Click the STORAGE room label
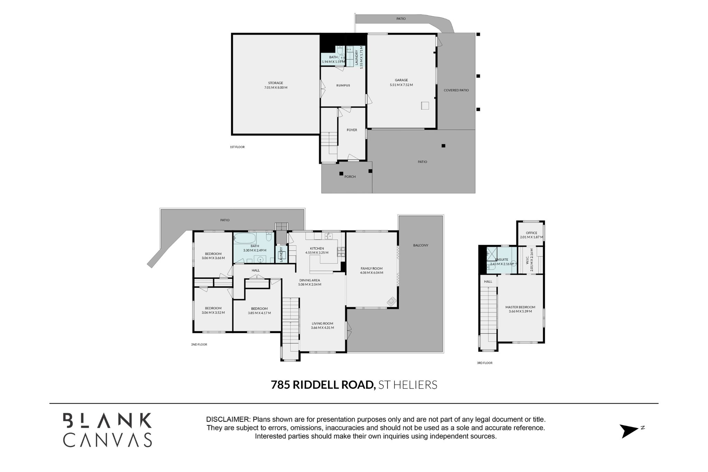coord(276,83)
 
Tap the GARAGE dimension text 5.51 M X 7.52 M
coord(401,85)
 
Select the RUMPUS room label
coord(343,85)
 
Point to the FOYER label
coord(352,130)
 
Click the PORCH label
coord(350,177)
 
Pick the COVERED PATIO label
coord(456,90)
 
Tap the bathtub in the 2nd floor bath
coord(245,238)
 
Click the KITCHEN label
coord(317,248)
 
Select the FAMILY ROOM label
coord(372,268)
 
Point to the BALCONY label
coord(421,245)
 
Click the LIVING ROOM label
coord(323,324)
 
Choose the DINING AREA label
coord(310,280)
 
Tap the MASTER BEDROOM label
coord(520,307)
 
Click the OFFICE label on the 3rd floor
coord(531,233)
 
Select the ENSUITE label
coord(502,259)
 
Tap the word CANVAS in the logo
coord(108,439)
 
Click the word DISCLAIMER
coord(227,419)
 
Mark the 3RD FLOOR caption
coord(484,363)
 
